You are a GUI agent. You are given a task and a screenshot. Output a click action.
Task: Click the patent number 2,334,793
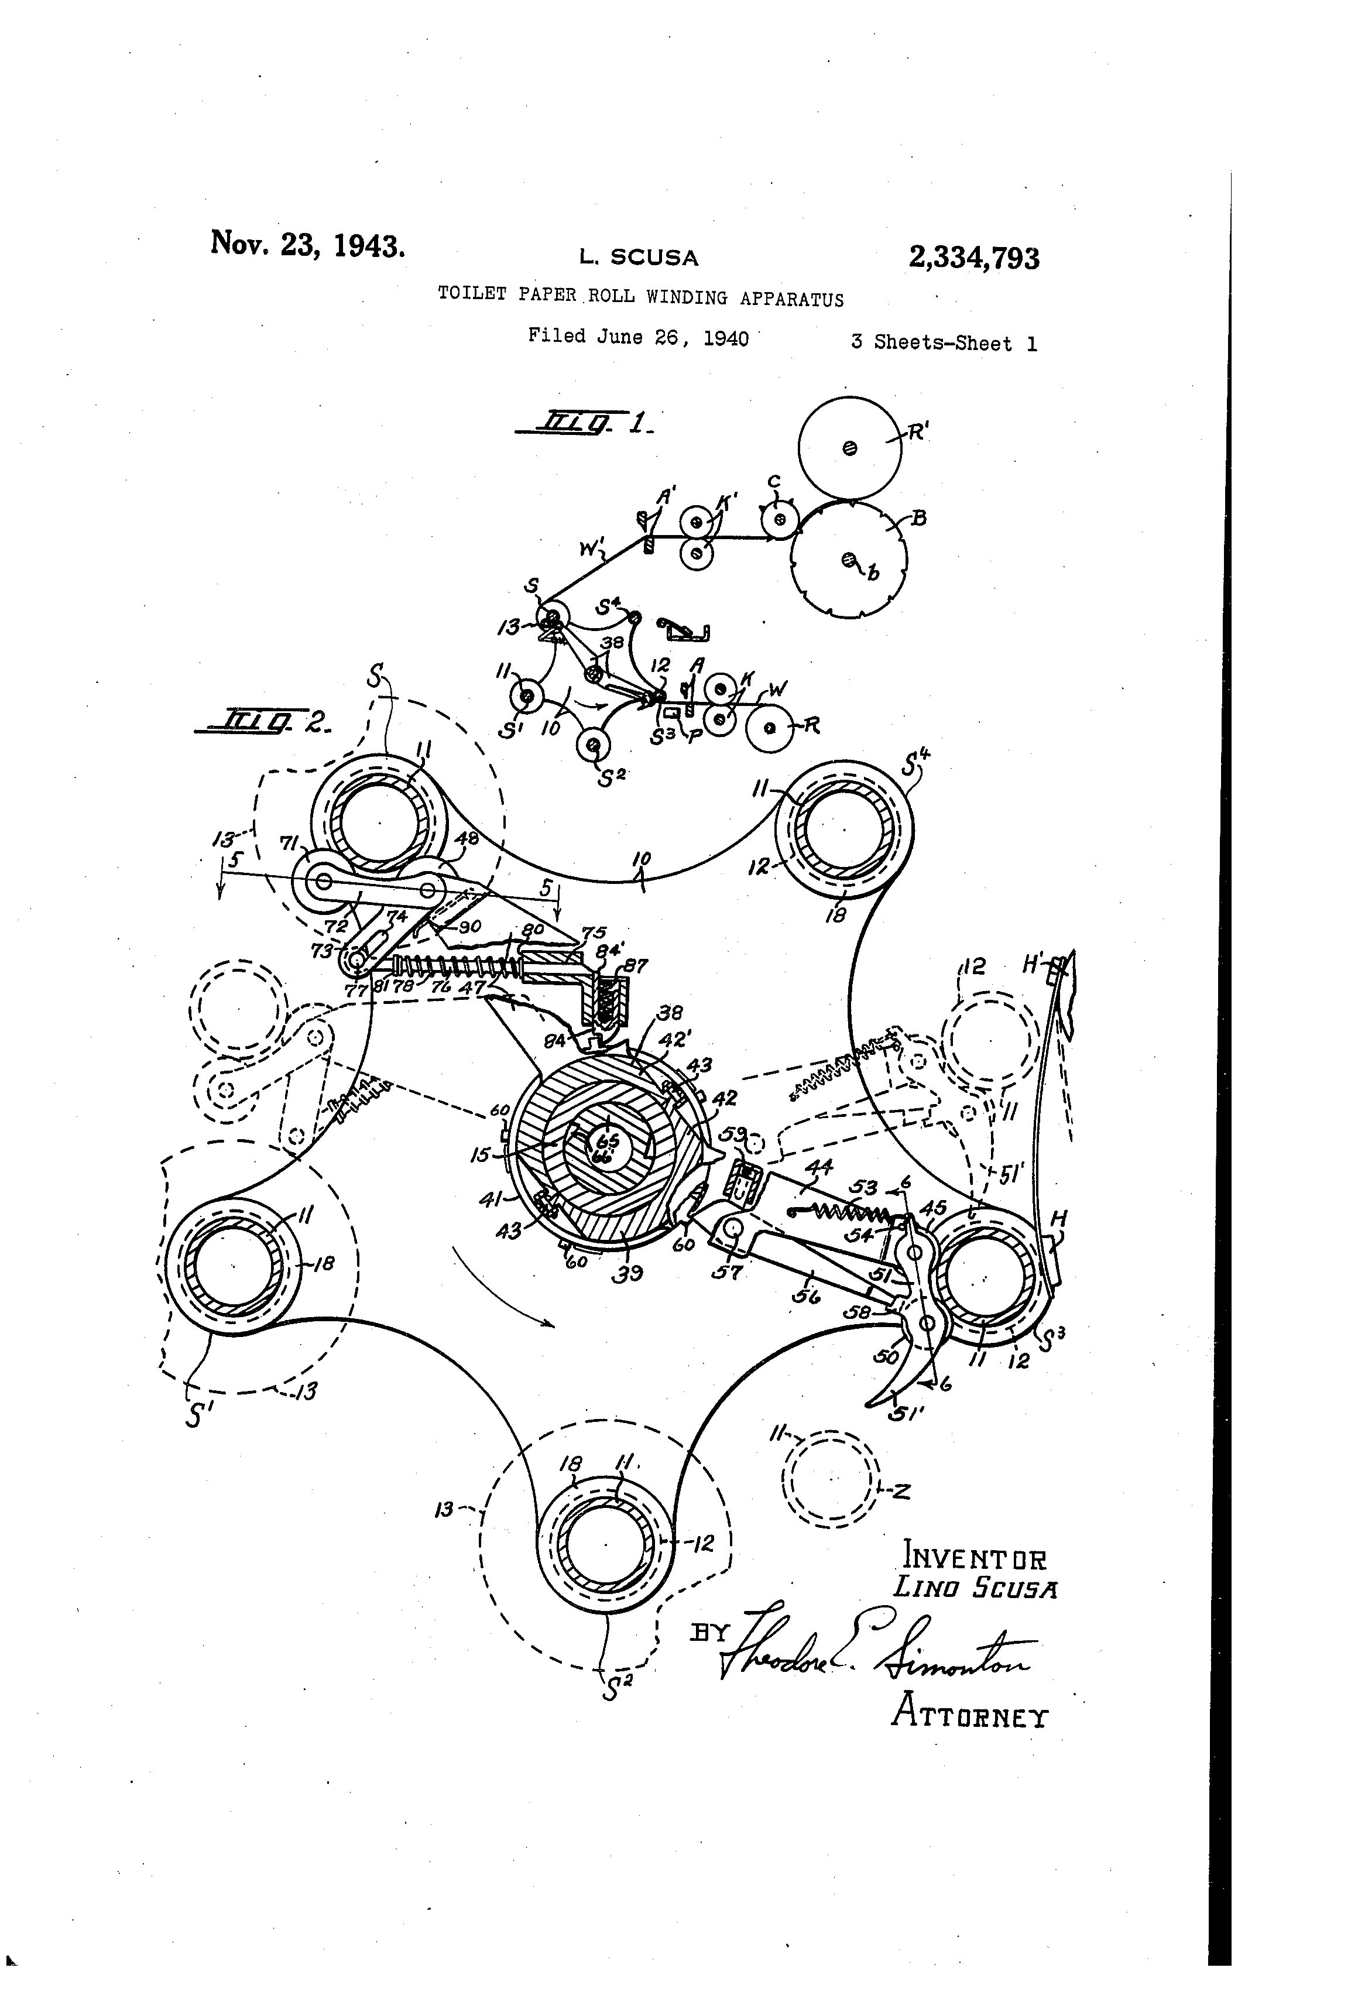[x=973, y=258]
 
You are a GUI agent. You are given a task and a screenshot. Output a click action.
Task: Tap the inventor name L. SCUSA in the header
[x=638, y=256]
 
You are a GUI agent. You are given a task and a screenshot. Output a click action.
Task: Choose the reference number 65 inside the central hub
[x=607, y=1141]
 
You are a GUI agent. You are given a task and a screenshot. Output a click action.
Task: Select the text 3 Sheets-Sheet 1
[x=944, y=344]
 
